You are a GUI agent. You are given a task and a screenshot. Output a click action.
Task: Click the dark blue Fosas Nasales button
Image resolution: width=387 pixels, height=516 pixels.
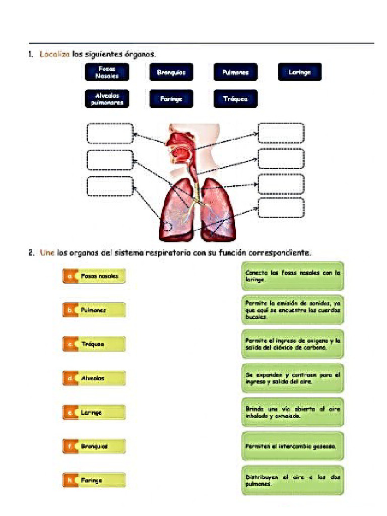click(x=106, y=72)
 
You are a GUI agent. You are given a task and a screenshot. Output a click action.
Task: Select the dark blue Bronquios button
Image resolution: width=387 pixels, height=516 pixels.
click(x=171, y=72)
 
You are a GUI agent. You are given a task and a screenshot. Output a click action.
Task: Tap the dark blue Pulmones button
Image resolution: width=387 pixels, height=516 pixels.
click(x=235, y=72)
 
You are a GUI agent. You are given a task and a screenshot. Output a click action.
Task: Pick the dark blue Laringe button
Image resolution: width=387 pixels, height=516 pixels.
click(x=299, y=72)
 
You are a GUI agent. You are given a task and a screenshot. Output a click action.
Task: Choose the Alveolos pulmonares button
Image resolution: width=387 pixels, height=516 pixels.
click(x=106, y=99)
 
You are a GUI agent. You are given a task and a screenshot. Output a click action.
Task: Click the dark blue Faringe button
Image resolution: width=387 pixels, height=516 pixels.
click(x=171, y=99)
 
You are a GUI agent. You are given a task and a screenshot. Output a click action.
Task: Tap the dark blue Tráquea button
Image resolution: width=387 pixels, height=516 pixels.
click(x=235, y=99)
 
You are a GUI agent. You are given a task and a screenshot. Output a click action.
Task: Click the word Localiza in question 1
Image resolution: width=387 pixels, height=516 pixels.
click(x=54, y=53)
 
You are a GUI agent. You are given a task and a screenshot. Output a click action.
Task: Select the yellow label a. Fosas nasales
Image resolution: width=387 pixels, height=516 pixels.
click(x=94, y=276)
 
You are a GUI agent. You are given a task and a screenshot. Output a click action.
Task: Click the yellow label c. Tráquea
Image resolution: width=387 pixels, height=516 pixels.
click(x=94, y=344)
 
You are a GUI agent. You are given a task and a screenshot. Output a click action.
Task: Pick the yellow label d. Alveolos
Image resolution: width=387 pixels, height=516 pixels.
click(x=94, y=378)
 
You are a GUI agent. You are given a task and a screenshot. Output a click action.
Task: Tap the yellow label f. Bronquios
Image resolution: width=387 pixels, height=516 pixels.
click(x=94, y=446)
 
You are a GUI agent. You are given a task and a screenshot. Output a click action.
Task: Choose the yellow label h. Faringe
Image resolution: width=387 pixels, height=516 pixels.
click(x=94, y=480)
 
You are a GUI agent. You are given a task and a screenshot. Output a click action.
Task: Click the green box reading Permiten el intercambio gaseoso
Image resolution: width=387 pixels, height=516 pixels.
click(x=293, y=446)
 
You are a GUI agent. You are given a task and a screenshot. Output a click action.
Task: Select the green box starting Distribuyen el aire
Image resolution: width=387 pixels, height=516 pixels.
click(x=293, y=480)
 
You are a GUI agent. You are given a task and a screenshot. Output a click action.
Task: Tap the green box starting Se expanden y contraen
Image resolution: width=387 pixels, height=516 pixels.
click(x=293, y=378)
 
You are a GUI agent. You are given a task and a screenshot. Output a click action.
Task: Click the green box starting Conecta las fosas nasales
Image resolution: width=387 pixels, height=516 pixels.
click(x=293, y=276)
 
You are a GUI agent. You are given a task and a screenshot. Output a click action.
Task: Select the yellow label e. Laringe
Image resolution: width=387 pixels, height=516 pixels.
click(x=94, y=412)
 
